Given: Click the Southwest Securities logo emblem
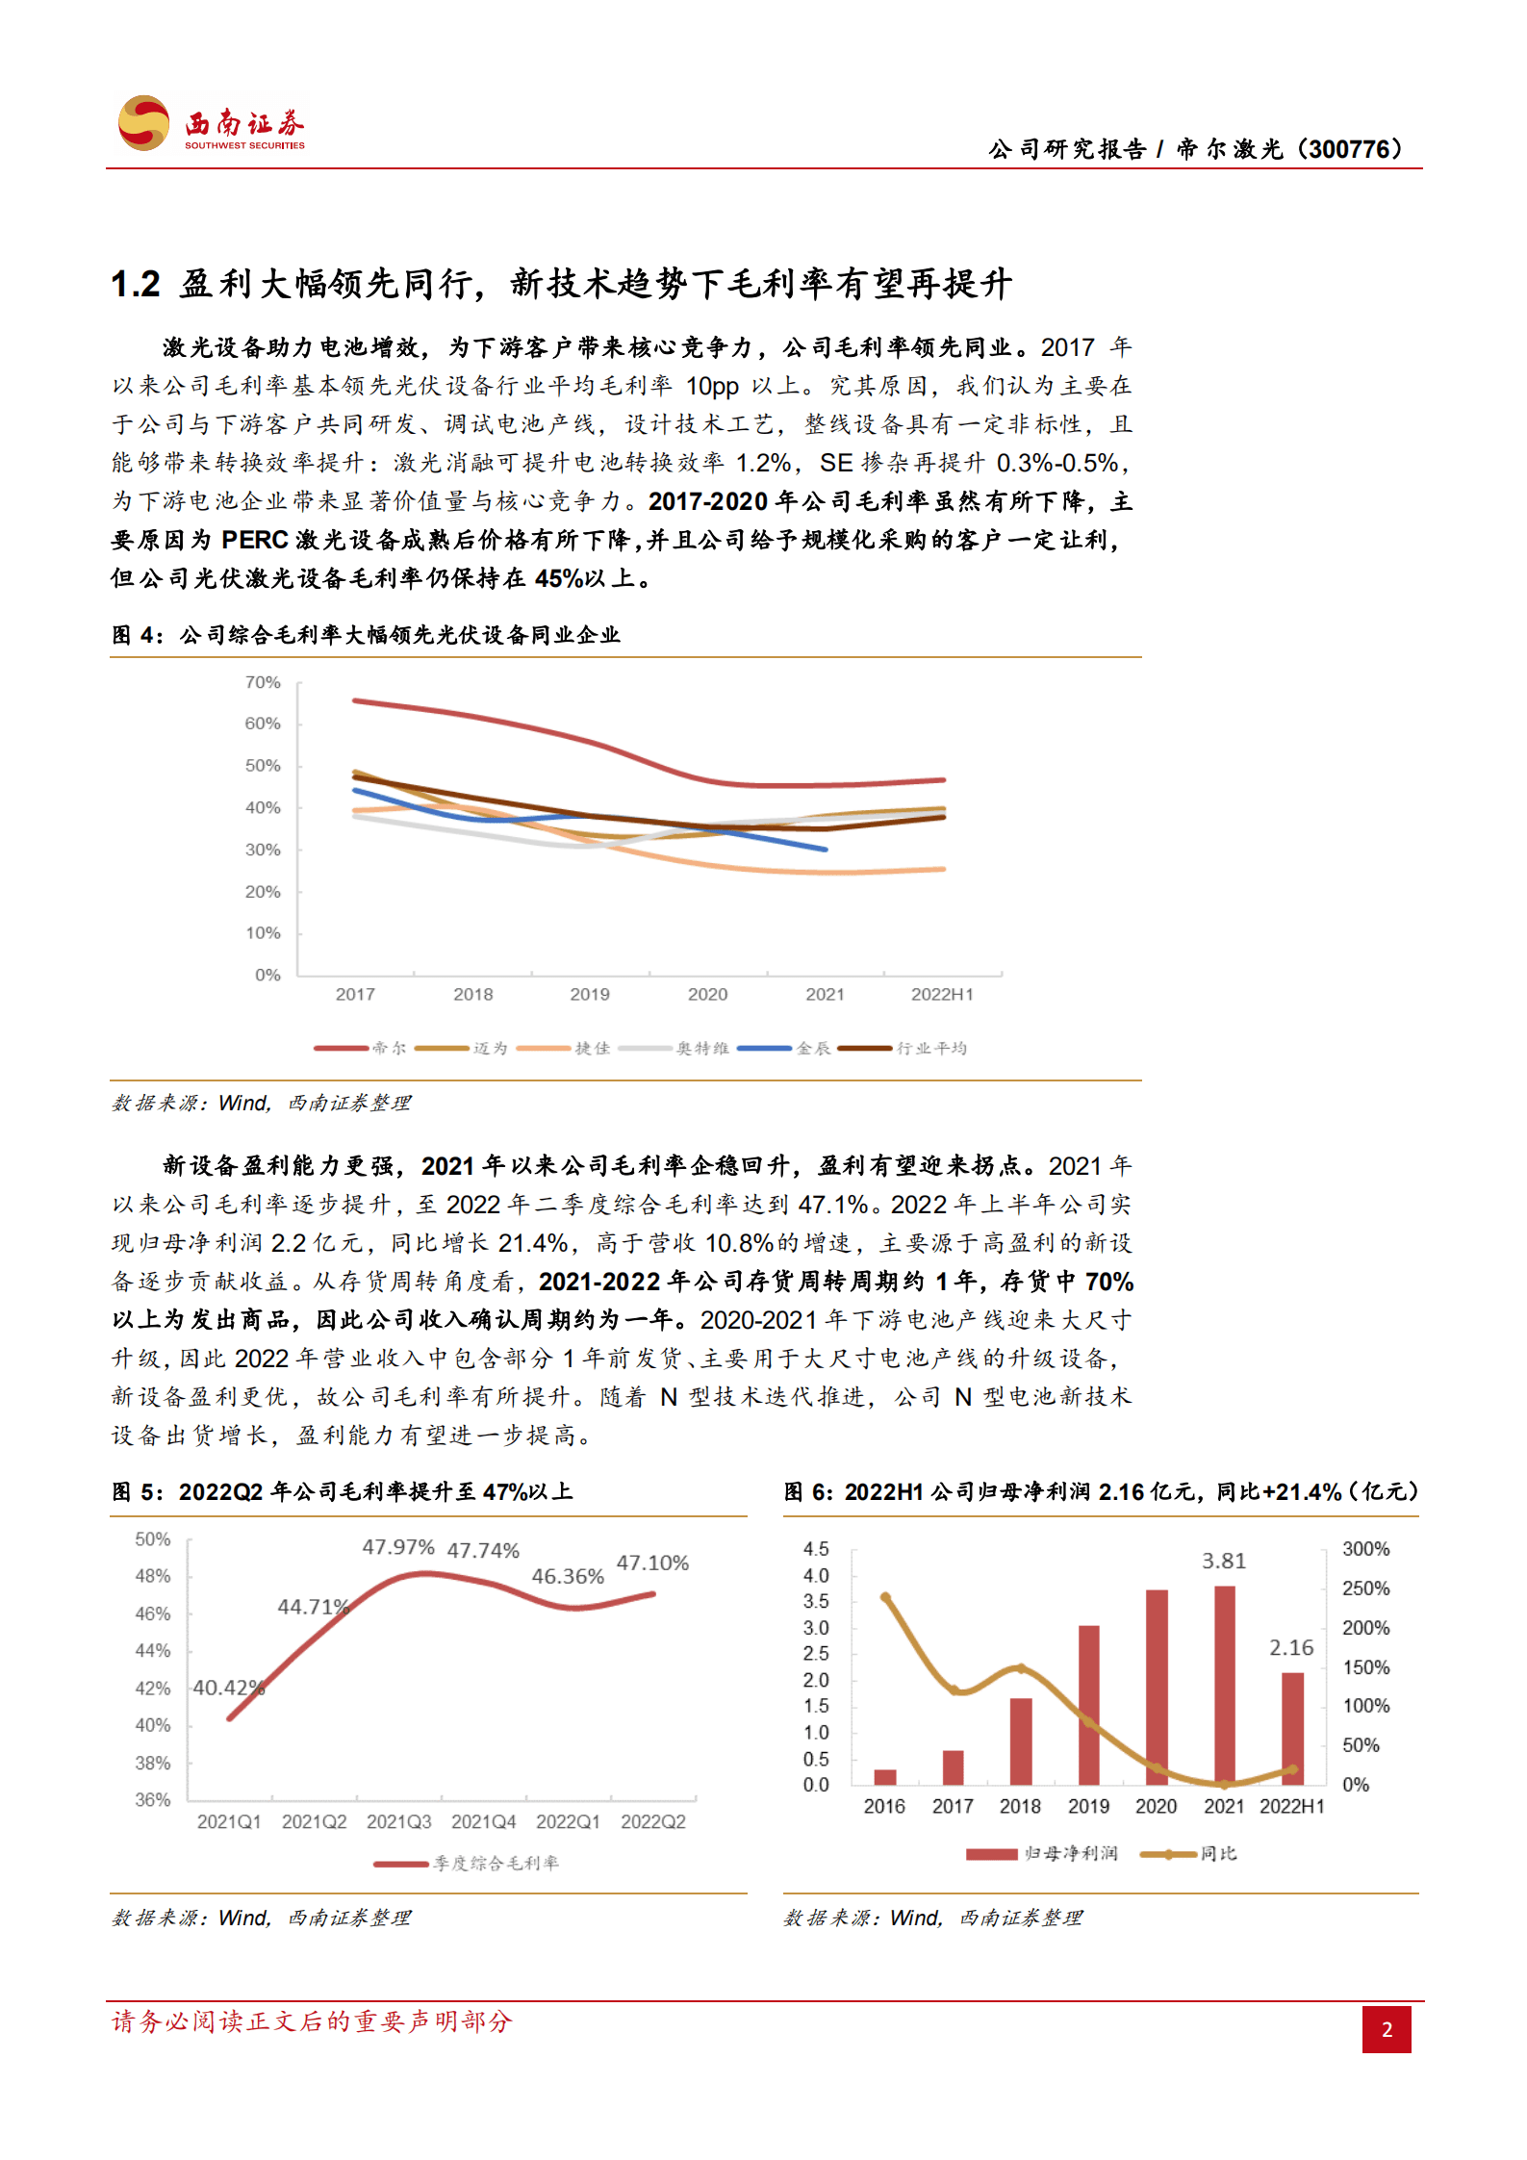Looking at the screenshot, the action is point(143,122).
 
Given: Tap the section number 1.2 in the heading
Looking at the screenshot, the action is point(136,284).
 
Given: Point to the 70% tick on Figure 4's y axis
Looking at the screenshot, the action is point(263,682).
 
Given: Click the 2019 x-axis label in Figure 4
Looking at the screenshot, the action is point(589,994).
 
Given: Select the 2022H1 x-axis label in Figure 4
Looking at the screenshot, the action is point(942,994).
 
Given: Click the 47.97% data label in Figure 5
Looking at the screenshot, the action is point(398,1547).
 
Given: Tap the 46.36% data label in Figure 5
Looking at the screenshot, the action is point(568,1576).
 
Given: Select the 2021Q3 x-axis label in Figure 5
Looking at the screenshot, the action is point(398,1821).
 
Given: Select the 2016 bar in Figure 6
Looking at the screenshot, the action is point(884,1776).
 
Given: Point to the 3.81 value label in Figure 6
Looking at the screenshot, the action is point(1223,1561).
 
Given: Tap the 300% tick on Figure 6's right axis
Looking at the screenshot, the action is point(1365,1549).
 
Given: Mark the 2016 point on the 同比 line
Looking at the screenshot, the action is point(885,1597).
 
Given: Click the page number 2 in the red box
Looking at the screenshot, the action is point(1386,2029).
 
